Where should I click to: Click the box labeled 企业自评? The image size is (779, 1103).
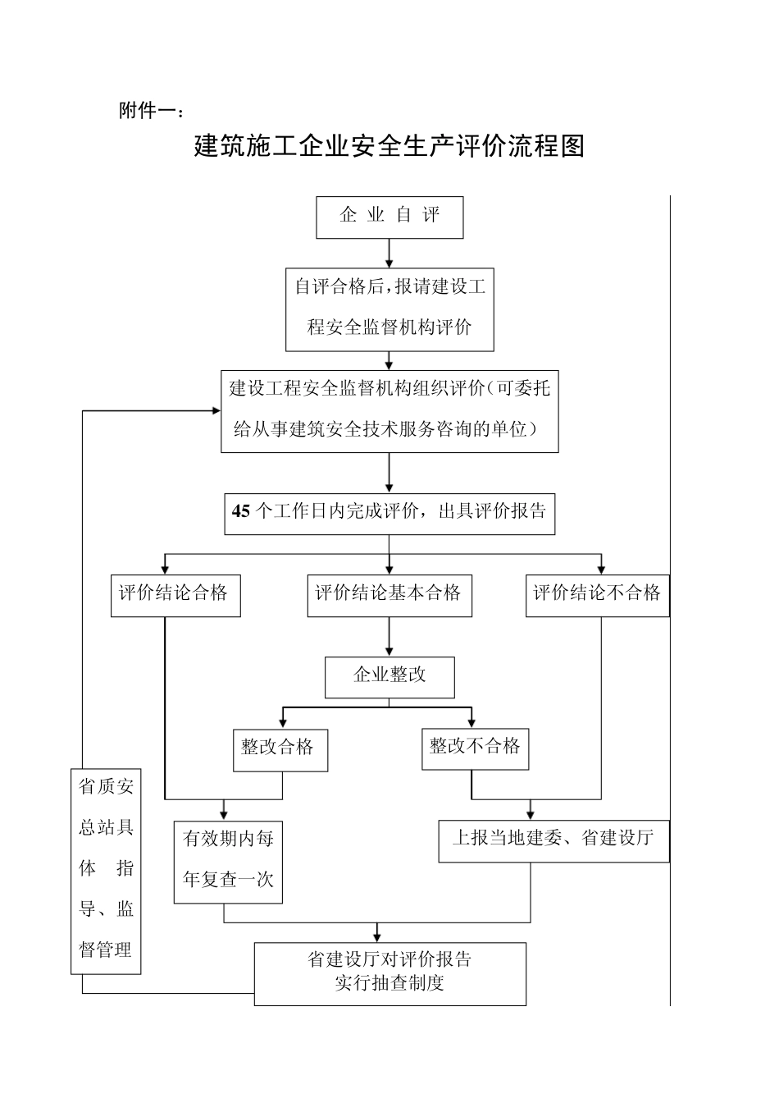pos(389,217)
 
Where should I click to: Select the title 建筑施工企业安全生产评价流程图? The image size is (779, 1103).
pos(389,146)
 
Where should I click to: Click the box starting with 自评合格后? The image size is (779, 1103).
pos(389,309)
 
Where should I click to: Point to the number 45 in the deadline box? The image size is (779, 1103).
pos(240,511)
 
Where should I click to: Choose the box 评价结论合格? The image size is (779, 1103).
pos(175,595)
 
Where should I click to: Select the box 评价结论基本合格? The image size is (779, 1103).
pos(389,595)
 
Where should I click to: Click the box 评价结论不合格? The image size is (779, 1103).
pos(597,595)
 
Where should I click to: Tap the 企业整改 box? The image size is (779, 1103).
pos(389,676)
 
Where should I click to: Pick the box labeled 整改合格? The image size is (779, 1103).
pos(280,749)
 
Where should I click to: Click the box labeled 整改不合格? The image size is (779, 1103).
pos(475,748)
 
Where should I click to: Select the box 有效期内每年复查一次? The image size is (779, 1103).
pos(228,861)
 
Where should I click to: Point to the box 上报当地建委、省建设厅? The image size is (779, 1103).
pos(553,840)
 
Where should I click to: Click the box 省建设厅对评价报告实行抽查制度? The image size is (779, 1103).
pos(389,973)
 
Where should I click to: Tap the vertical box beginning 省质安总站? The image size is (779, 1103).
pos(106,870)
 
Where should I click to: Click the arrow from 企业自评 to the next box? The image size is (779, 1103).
pos(389,254)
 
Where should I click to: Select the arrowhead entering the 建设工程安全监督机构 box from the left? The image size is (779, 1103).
pos(214,411)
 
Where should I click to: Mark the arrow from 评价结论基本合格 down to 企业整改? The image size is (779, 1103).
pos(389,637)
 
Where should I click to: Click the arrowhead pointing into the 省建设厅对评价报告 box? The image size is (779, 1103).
pos(377,936)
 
